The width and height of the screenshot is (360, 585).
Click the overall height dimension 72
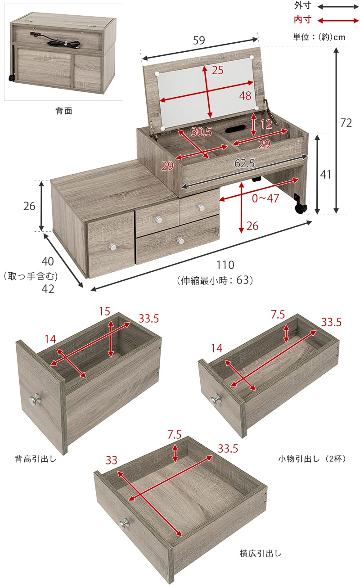346,122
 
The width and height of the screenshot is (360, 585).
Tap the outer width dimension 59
199,40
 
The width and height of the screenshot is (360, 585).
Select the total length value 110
225,265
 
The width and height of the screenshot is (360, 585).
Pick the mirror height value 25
218,71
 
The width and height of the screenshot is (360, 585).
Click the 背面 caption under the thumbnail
64,111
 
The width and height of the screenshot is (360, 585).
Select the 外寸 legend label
302,6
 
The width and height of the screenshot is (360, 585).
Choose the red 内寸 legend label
302,20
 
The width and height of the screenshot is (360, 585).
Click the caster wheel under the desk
301,208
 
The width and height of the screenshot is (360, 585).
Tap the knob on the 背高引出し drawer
36,399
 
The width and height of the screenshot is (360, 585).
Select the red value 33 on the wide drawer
112,460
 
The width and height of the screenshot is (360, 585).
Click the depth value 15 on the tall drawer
104,311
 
